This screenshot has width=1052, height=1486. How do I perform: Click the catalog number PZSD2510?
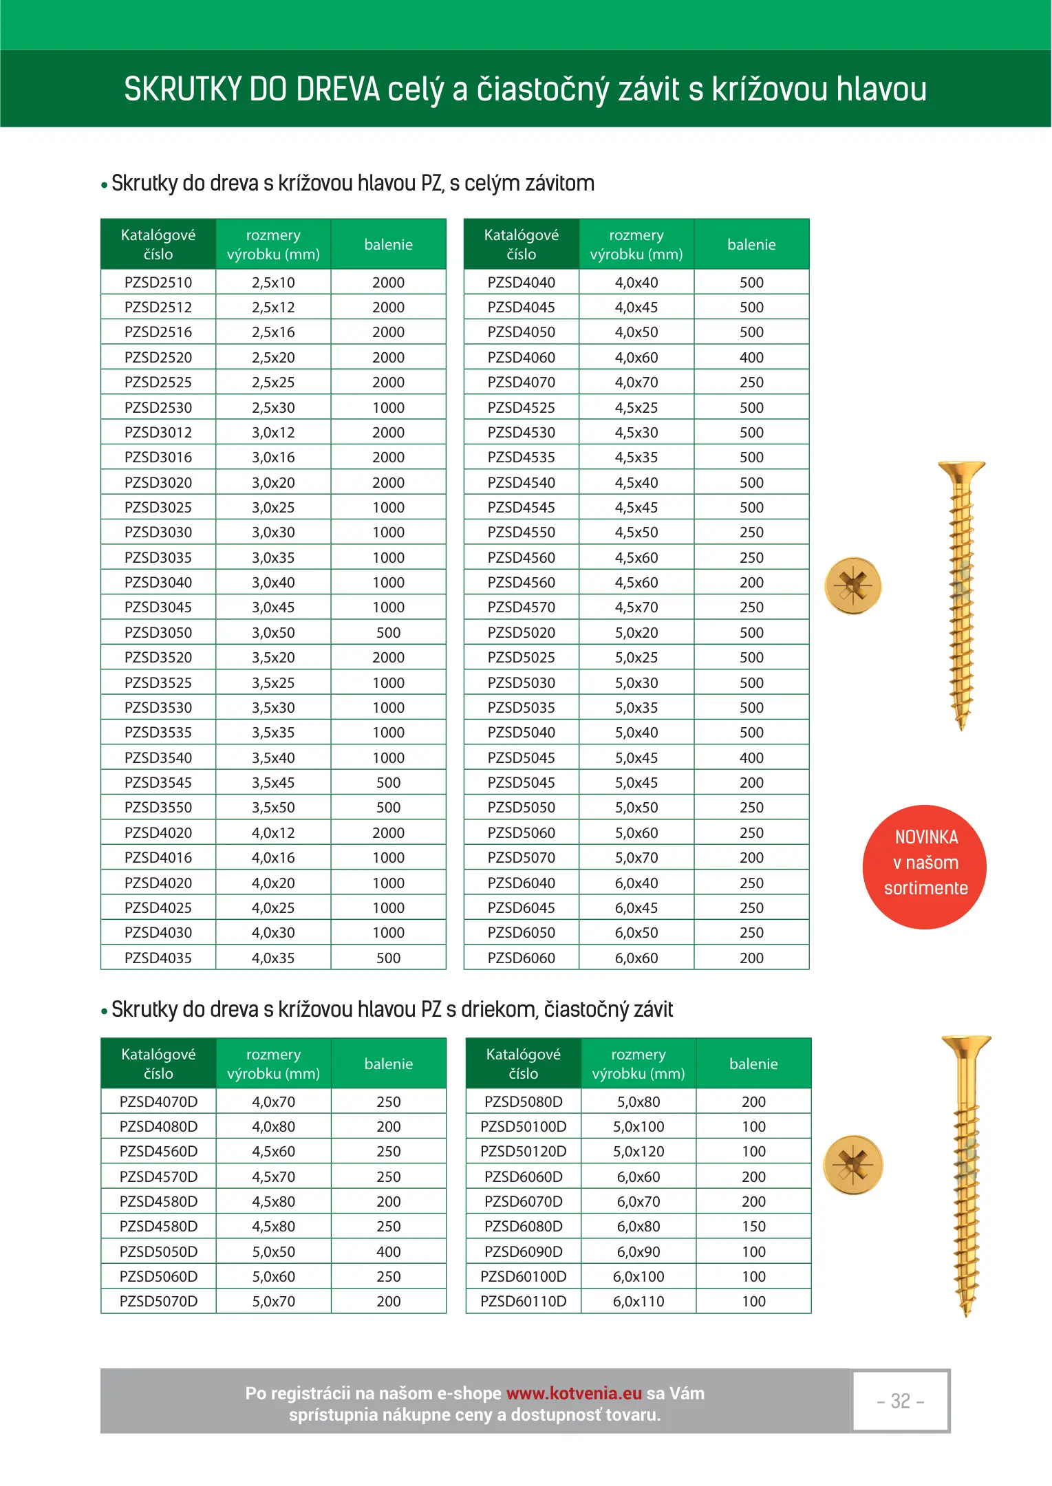(158, 282)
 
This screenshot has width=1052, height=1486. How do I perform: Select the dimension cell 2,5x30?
(273, 407)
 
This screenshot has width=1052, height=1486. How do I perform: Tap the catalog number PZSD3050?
(158, 632)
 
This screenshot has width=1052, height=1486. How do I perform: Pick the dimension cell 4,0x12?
(273, 832)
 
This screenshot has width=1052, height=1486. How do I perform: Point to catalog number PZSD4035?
(158, 958)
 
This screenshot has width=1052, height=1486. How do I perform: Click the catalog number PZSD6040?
(521, 883)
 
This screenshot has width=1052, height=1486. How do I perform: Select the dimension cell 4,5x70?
(636, 607)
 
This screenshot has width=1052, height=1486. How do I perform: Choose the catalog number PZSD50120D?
(523, 1151)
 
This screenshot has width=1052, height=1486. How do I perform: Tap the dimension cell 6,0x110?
(638, 1301)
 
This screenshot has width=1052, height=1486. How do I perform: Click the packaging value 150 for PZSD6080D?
(753, 1226)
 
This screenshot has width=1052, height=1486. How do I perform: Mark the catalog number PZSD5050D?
(158, 1251)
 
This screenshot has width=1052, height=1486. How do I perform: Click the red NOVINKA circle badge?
(924, 867)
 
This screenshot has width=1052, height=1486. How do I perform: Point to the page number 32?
(900, 1401)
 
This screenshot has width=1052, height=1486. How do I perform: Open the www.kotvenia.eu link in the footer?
(574, 1393)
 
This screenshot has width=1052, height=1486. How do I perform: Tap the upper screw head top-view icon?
(853, 585)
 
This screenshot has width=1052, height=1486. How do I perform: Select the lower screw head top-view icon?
(853, 1165)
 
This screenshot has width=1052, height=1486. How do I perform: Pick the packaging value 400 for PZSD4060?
(751, 357)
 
